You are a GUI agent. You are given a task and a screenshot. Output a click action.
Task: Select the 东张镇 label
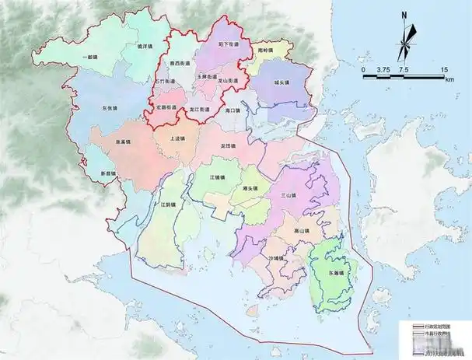point(112,109)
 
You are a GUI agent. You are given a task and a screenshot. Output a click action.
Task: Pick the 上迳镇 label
point(178,140)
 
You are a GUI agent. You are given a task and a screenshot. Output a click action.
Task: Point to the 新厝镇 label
point(107,173)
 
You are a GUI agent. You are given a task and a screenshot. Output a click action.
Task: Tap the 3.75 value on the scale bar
point(383,70)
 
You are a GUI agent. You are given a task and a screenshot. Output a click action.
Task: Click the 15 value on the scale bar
point(443,70)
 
